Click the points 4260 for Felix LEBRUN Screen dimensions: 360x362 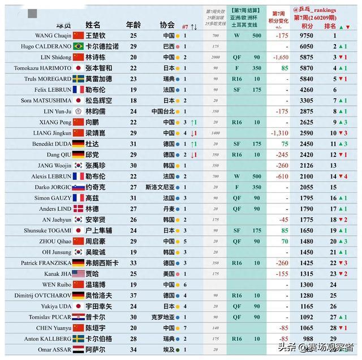(307, 89)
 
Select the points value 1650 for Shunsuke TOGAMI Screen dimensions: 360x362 (307, 230)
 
